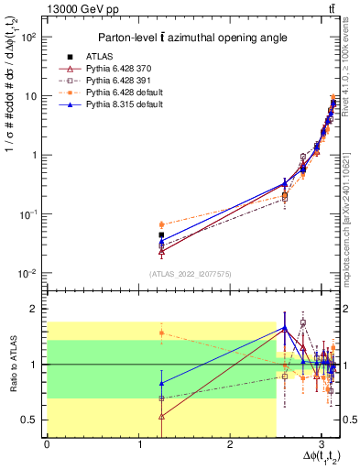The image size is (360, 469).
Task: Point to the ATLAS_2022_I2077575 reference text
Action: coord(190,273)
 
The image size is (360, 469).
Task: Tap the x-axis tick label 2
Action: coord(230,444)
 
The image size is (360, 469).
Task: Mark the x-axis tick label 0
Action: coord(47,444)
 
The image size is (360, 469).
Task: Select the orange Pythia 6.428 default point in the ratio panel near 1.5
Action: coord(161,333)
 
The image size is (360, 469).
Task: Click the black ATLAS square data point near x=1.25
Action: coord(161,235)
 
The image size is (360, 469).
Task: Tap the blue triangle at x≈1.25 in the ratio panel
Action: coord(161,383)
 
